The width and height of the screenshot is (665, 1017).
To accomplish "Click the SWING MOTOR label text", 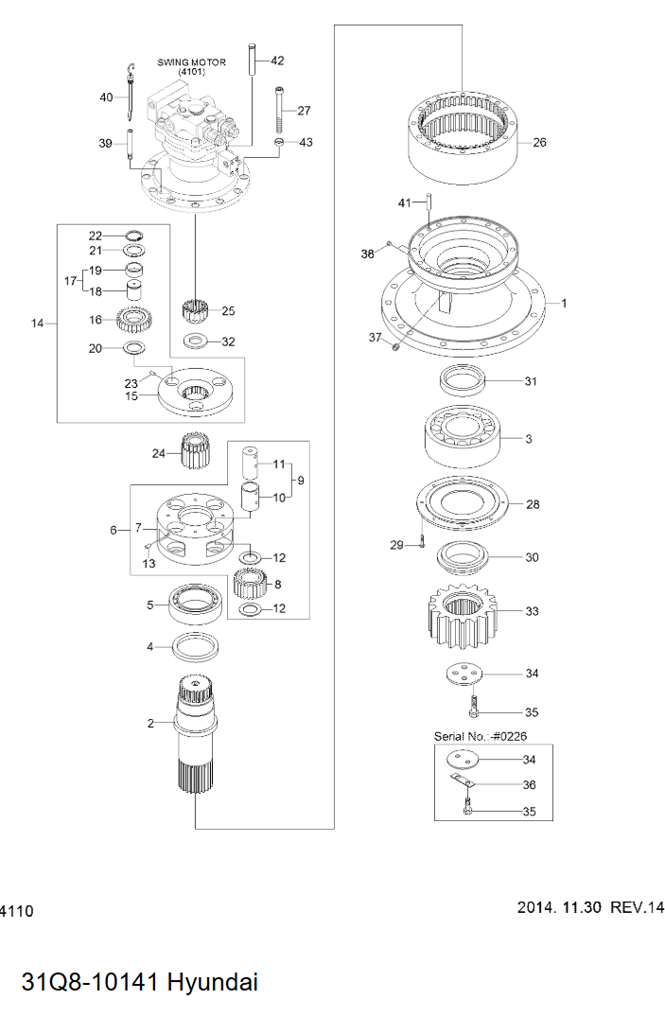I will [x=191, y=62].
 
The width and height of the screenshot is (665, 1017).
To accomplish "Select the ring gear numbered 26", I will [x=466, y=142].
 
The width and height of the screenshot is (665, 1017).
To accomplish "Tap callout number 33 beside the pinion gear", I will [x=532, y=612].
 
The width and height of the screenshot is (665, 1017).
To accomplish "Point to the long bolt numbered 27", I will [x=280, y=112].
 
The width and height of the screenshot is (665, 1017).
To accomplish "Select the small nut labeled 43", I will [x=280, y=143].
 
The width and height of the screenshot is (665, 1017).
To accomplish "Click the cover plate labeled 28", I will [x=464, y=503].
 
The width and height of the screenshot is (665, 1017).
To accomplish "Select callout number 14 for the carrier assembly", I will [x=37, y=324].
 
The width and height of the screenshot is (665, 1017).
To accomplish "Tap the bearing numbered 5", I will [x=195, y=604].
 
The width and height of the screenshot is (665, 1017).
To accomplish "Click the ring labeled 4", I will [x=196, y=648].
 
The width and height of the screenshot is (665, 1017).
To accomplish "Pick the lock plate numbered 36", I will [x=461, y=780].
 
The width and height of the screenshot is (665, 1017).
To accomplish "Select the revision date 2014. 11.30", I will [x=559, y=907].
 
